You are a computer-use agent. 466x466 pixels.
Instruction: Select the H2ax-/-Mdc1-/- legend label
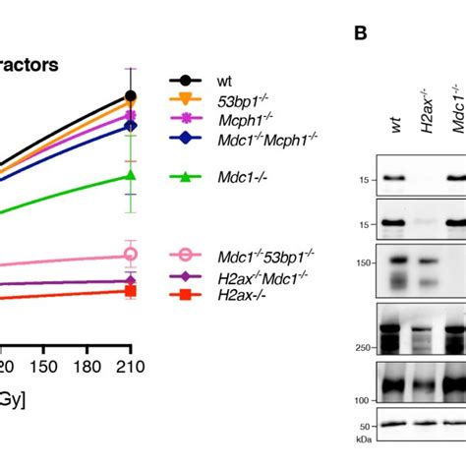[x=264, y=275]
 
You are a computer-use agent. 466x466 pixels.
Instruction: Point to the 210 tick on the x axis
[x=131, y=367]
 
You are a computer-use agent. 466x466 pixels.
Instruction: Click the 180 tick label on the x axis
[x=87, y=367]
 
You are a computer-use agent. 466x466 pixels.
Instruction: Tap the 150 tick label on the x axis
[x=42, y=367]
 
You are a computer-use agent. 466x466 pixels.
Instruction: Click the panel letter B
[x=360, y=32]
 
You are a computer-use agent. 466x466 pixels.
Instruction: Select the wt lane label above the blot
[x=396, y=122]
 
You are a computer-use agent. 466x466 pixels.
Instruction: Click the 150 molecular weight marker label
[x=365, y=262]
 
